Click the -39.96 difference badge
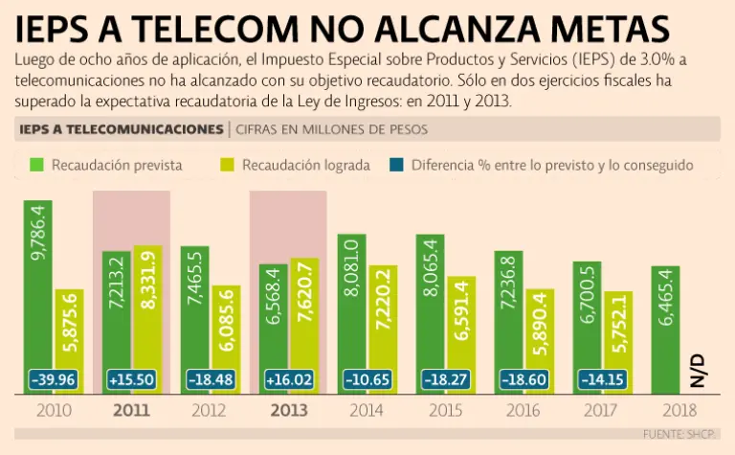pos(54,379)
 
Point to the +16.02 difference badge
pos(289,379)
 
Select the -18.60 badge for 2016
pos(524,379)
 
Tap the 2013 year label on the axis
pos(289,411)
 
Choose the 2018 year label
pos(680,411)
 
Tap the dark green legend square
pos(37,165)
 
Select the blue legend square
pos(397,165)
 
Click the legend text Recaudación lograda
pos(305,165)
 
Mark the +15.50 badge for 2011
pos(132,379)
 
